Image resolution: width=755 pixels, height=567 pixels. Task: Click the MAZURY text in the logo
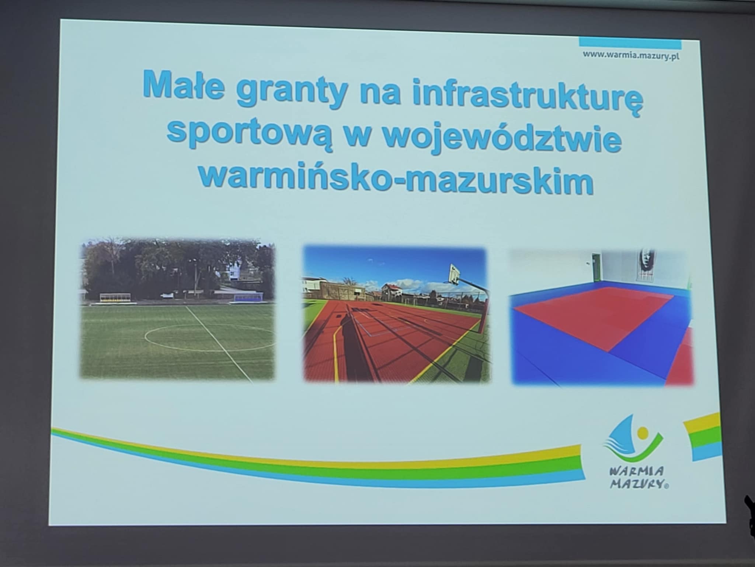[638, 483]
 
